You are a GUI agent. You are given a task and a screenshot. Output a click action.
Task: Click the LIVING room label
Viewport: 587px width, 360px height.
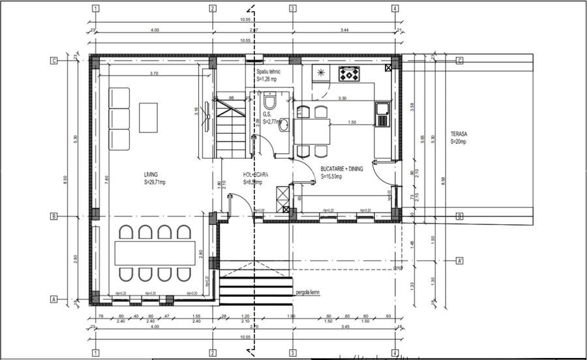(151, 175)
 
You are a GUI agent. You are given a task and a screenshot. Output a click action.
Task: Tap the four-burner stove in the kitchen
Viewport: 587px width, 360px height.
(349, 74)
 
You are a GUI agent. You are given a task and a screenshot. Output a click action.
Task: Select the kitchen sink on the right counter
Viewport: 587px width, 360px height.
(382, 114)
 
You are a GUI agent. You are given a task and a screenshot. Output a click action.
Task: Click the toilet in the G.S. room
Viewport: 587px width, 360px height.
(269, 102)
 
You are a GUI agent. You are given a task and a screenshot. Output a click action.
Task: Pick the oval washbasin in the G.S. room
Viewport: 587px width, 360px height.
(284, 126)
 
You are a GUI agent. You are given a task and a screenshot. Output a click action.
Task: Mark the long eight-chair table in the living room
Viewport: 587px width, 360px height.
(155, 253)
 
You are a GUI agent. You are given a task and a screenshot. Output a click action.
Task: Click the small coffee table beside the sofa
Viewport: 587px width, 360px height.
(148, 117)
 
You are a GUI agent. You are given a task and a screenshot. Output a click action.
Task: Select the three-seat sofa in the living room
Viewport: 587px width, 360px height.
(119, 119)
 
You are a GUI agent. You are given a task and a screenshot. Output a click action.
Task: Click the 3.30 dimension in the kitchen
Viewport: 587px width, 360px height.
(342, 98)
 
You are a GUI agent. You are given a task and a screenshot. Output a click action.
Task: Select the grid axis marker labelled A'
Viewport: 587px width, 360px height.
(459, 261)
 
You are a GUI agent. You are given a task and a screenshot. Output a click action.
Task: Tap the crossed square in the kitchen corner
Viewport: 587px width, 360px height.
(389, 67)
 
